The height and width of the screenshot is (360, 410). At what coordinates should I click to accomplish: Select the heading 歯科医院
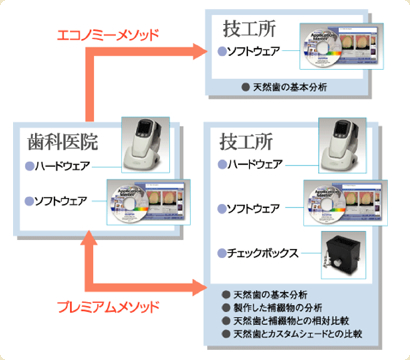point(60,142)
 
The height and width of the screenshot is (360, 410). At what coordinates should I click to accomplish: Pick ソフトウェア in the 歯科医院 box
point(66,200)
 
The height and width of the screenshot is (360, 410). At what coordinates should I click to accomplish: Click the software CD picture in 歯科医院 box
point(146,204)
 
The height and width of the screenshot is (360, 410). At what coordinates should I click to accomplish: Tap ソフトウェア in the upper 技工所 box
point(258,49)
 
